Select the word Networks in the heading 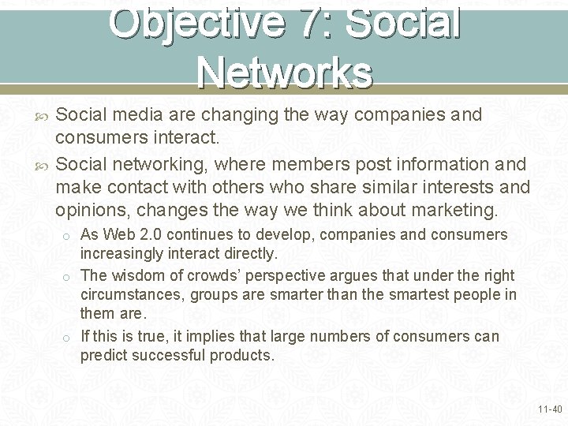pos(285,72)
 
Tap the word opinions pos(88,211)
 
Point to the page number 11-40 pos(549,409)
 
